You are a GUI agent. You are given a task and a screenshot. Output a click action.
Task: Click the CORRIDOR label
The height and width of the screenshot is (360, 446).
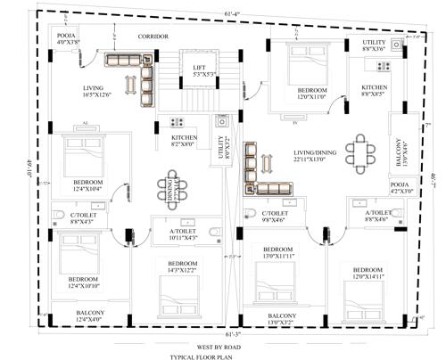point(153,37)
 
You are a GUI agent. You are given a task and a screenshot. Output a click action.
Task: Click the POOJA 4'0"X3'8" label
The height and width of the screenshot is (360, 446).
point(69,38)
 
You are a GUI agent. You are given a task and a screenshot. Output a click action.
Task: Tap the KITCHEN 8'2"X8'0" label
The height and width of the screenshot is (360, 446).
point(184,141)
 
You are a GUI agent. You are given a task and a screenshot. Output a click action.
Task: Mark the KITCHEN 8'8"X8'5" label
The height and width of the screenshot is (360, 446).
point(373,90)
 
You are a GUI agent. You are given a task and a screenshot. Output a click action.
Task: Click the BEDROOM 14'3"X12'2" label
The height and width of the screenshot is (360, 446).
point(183,267)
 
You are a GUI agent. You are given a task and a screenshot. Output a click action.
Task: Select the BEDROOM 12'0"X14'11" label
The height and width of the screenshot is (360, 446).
point(368,273)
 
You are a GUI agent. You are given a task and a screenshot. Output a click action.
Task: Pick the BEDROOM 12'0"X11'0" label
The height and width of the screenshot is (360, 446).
point(313,94)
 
